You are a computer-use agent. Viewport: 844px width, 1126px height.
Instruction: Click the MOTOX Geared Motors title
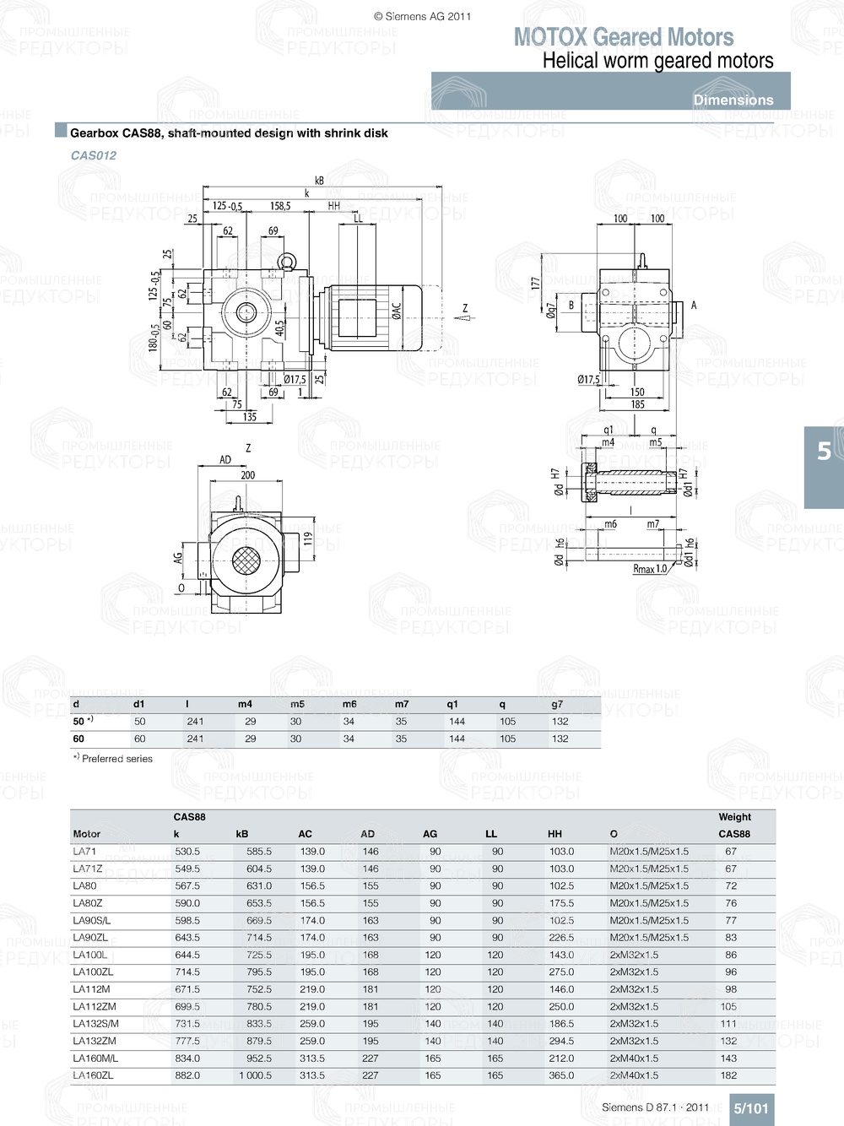(x=623, y=37)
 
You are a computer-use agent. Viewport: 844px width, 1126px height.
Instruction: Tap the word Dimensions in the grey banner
(x=733, y=100)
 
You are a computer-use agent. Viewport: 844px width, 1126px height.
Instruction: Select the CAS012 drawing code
(x=94, y=155)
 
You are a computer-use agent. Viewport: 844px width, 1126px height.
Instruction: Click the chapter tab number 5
(x=824, y=452)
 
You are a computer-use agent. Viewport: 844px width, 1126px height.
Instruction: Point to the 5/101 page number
(x=750, y=1108)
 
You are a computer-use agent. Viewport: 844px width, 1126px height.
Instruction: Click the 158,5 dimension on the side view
(x=280, y=206)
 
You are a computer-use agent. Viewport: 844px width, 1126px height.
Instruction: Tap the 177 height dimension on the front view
(x=535, y=284)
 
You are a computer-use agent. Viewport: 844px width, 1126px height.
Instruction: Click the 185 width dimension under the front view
(x=637, y=404)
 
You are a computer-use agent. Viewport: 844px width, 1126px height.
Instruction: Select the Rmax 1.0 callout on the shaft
(x=649, y=569)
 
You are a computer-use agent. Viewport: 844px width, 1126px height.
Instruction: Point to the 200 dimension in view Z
(x=247, y=475)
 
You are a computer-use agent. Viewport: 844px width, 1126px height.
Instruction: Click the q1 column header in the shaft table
(x=452, y=704)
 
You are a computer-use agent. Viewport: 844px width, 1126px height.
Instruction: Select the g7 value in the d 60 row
(x=560, y=739)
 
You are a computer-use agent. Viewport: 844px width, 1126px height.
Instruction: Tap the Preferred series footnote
(x=113, y=759)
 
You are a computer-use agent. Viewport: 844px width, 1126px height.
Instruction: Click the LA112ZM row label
(x=95, y=1006)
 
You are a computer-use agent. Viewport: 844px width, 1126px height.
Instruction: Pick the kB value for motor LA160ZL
(x=255, y=1075)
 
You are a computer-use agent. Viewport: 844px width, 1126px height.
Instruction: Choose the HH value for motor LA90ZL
(x=561, y=938)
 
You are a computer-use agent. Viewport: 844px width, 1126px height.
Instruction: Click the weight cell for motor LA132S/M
(x=728, y=1024)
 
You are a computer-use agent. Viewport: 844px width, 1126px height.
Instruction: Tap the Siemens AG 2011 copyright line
(x=422, y=16)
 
